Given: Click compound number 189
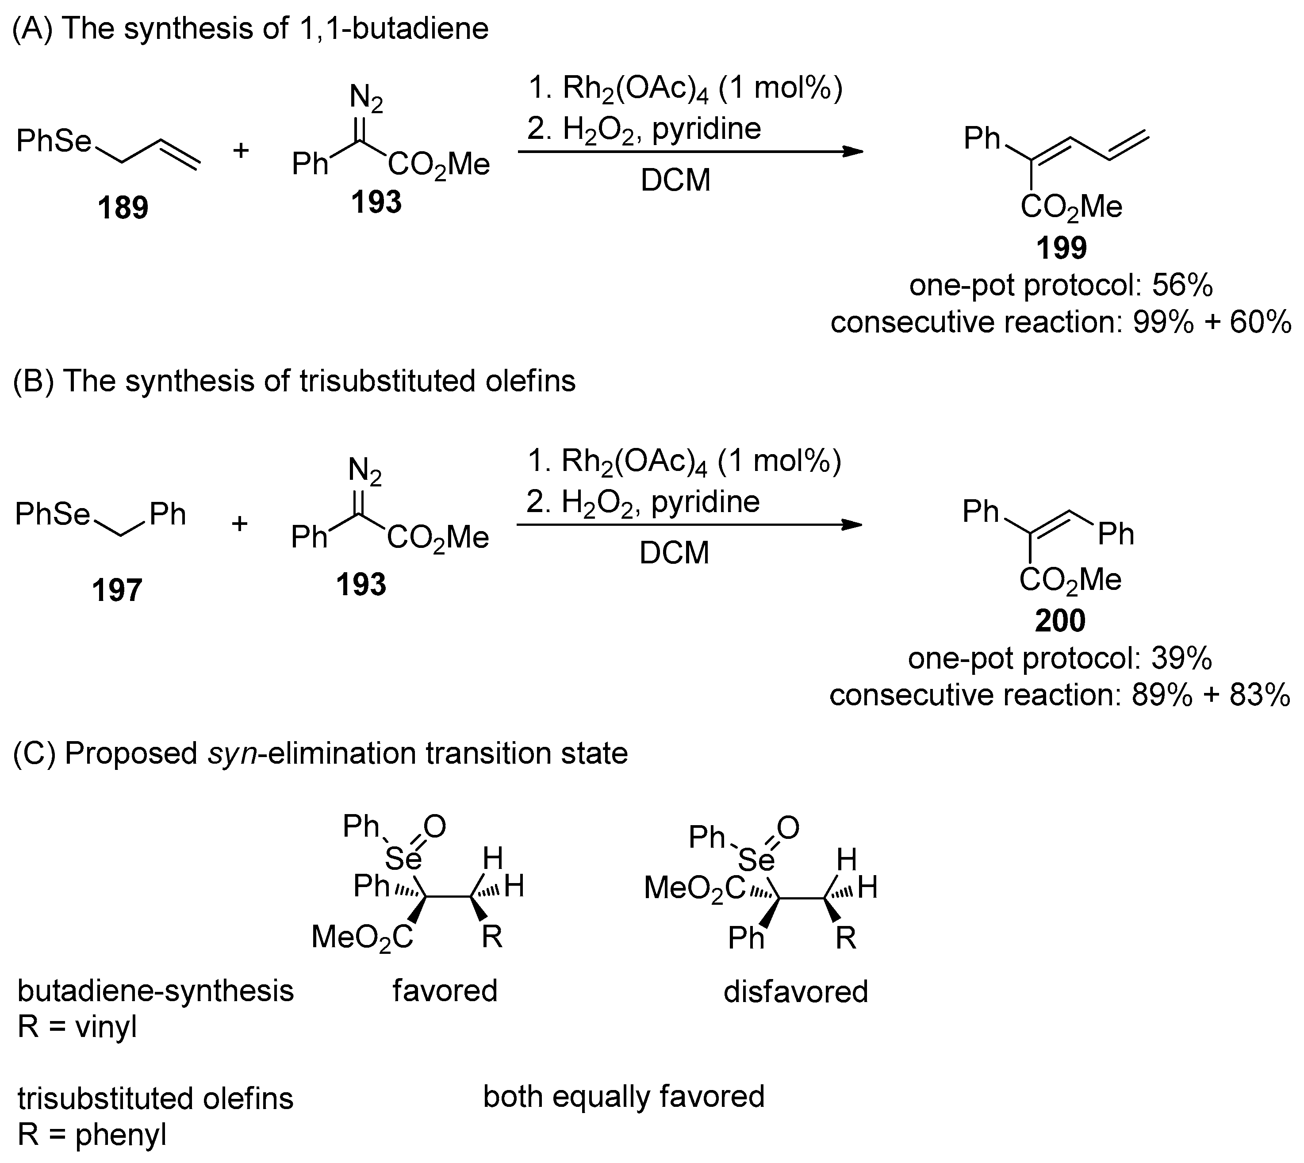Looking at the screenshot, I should coord(123,208).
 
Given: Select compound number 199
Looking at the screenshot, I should coord(1061,248).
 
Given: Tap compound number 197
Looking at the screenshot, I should coord(117,590).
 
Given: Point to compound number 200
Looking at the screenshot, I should coord(1060,620).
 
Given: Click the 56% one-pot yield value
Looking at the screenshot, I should coord(1182,286).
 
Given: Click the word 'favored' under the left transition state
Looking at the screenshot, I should coord(445,991).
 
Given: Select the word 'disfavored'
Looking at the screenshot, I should coord(795,992).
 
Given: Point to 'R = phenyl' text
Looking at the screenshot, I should coord(92,1135).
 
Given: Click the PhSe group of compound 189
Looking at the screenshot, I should coord(54,141).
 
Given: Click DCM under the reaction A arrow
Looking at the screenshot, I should coord(675,181).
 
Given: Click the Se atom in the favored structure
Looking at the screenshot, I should coord(403,860).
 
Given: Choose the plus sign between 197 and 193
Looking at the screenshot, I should coord(240,524).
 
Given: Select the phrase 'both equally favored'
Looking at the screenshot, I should coord(623,1097).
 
